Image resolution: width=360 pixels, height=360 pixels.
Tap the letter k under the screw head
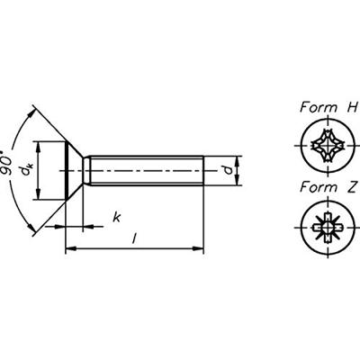118,217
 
